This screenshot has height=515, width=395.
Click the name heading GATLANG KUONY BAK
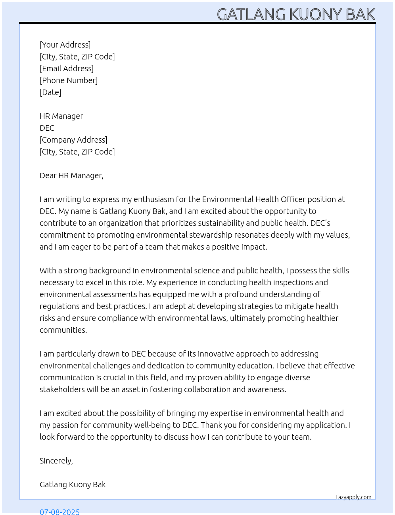click(x=296, y=14)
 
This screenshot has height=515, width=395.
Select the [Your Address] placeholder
click(x=65, y=45)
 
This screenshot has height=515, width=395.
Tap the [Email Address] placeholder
click(x=67, y=69)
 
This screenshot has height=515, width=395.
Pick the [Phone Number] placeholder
click(x=69, y=80)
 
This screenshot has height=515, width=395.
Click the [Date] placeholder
click(x=50, y=92)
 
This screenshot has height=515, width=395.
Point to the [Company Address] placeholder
click(x=73, y=140)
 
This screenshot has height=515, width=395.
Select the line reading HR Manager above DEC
click(x=61, y=116)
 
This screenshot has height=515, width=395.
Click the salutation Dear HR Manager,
click(x=71, y=175)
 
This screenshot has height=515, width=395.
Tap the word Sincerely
click(x=56, y=461)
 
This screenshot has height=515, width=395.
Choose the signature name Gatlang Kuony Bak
click(x=73, y=484)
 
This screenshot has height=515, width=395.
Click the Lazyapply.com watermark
click(x=353, y=497)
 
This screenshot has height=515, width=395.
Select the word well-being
click(x=153, y=425)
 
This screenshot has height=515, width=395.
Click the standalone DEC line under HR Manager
click(x=47, y=128)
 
